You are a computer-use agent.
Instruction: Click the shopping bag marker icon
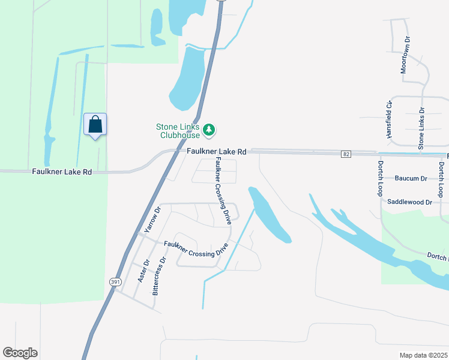pos(95,125)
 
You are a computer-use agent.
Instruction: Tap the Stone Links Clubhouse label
pos(179,130)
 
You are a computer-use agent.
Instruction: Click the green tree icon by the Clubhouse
pos(209,129)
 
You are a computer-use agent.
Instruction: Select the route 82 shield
pos(346,154)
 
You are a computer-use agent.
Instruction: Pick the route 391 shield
pos(115,281)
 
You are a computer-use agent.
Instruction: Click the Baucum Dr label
pos(411,178)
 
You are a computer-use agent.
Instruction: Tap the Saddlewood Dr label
pos(410,202)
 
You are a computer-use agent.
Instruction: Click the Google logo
pos(20,353)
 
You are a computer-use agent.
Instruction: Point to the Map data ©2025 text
pos(424,355)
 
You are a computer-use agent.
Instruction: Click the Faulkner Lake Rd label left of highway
pos(62,172)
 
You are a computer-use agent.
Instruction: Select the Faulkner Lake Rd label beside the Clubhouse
pos(216,152)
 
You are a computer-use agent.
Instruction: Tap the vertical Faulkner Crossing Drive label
pos(222,190)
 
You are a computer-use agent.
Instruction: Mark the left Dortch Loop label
pos(380,178)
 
